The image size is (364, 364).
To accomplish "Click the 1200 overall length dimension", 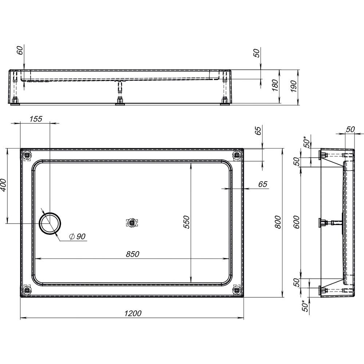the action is pos(133,313).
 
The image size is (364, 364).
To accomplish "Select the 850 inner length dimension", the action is pos(132,254).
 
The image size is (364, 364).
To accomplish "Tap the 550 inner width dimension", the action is pos(187,222).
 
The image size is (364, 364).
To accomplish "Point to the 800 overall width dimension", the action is pos(278,222).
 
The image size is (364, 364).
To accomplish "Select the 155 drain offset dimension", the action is pos(36,119).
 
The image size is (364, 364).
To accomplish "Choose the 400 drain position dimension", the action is pos(3,185).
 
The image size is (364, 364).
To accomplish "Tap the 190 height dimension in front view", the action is pos(294,86).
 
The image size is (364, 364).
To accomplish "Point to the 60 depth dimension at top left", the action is pos(20,50).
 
